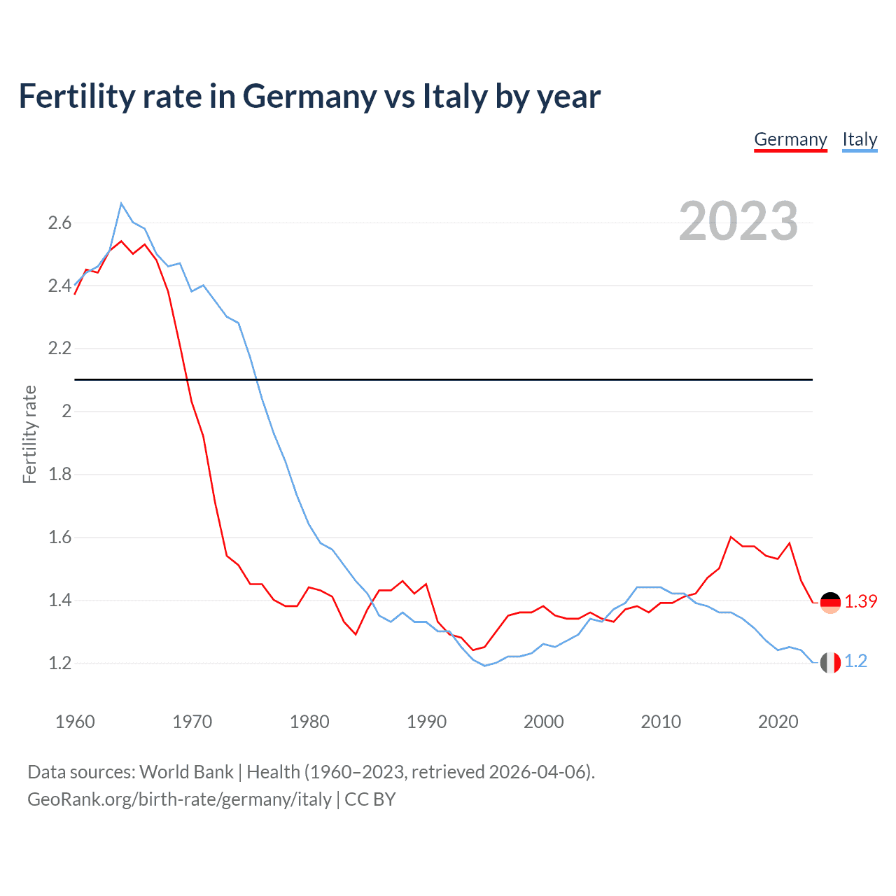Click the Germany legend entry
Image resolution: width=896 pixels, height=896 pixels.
(790, 139)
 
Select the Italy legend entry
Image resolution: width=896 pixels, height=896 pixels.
(860, 139)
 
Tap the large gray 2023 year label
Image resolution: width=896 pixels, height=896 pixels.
(738, 221)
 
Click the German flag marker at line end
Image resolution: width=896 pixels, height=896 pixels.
(830, 602)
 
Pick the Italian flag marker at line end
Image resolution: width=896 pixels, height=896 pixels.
(830, 662)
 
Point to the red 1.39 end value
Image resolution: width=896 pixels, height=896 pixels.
(860, 601)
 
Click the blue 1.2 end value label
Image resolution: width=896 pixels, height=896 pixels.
(855, 661)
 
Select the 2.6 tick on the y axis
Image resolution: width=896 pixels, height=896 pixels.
(59, 223)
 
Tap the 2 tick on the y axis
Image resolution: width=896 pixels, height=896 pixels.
(66, 412)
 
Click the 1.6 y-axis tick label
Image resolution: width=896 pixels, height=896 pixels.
(59, 538)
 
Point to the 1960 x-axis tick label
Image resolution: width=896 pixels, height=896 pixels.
(75, 722)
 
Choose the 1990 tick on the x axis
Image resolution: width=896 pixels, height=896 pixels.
(426, 722)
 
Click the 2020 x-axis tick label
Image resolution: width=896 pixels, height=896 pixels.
(778, 722)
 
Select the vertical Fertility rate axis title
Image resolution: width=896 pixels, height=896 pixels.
(29, 434)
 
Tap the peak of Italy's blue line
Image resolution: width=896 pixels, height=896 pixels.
(121, 204)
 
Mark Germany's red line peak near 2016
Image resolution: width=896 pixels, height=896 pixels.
(731, 537)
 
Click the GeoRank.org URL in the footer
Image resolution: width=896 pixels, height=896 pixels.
(179, 799)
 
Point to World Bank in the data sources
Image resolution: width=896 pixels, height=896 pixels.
(186, 771)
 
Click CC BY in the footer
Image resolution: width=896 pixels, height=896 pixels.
(370, 799)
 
